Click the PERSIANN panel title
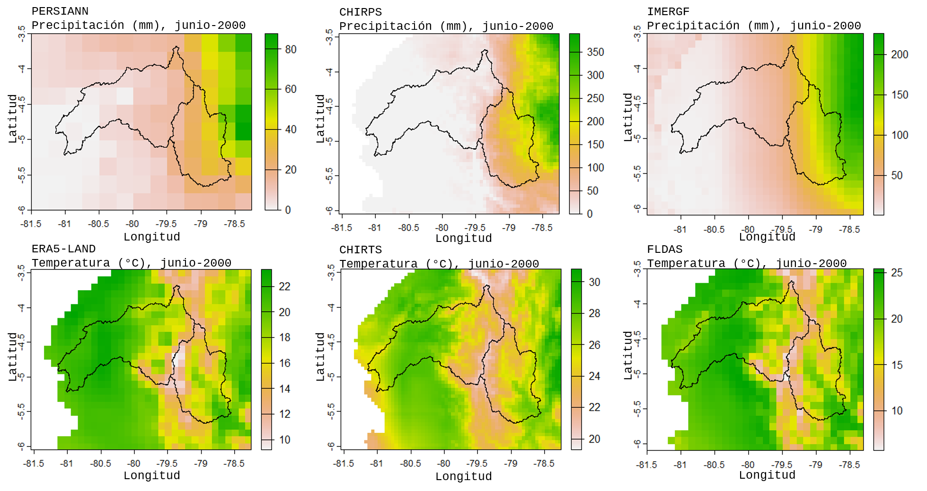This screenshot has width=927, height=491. pos(60,11)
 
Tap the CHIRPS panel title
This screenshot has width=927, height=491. pos(360,12)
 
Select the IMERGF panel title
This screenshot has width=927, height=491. pos(668,12)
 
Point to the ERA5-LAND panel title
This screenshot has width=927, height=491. pos(63,249)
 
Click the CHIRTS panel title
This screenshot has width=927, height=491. pos(360,250)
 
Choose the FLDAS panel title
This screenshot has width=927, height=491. pos(664,250)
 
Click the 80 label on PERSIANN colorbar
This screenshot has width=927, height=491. pos(291,49)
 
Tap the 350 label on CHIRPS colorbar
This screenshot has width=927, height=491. pos(595,52)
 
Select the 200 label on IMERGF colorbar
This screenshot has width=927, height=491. pos(900,54)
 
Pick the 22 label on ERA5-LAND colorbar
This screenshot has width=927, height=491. pos(284,286)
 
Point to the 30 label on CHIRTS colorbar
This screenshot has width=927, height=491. pos(594,282)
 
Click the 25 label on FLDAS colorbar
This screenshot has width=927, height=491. pos(897,273)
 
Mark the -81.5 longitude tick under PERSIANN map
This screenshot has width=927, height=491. pos(31,224)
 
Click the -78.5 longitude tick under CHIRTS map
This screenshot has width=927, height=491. pos(544,464)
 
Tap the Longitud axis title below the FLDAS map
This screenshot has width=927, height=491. pos(767,475)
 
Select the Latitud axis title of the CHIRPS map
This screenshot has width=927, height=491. pos(320,118)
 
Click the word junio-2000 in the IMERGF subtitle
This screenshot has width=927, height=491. pos(825,26)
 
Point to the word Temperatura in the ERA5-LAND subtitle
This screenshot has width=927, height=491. pos(71,263)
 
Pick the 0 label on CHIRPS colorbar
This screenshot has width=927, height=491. pos(590,214)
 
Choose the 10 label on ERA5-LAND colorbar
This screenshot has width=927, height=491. pos(284,440)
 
